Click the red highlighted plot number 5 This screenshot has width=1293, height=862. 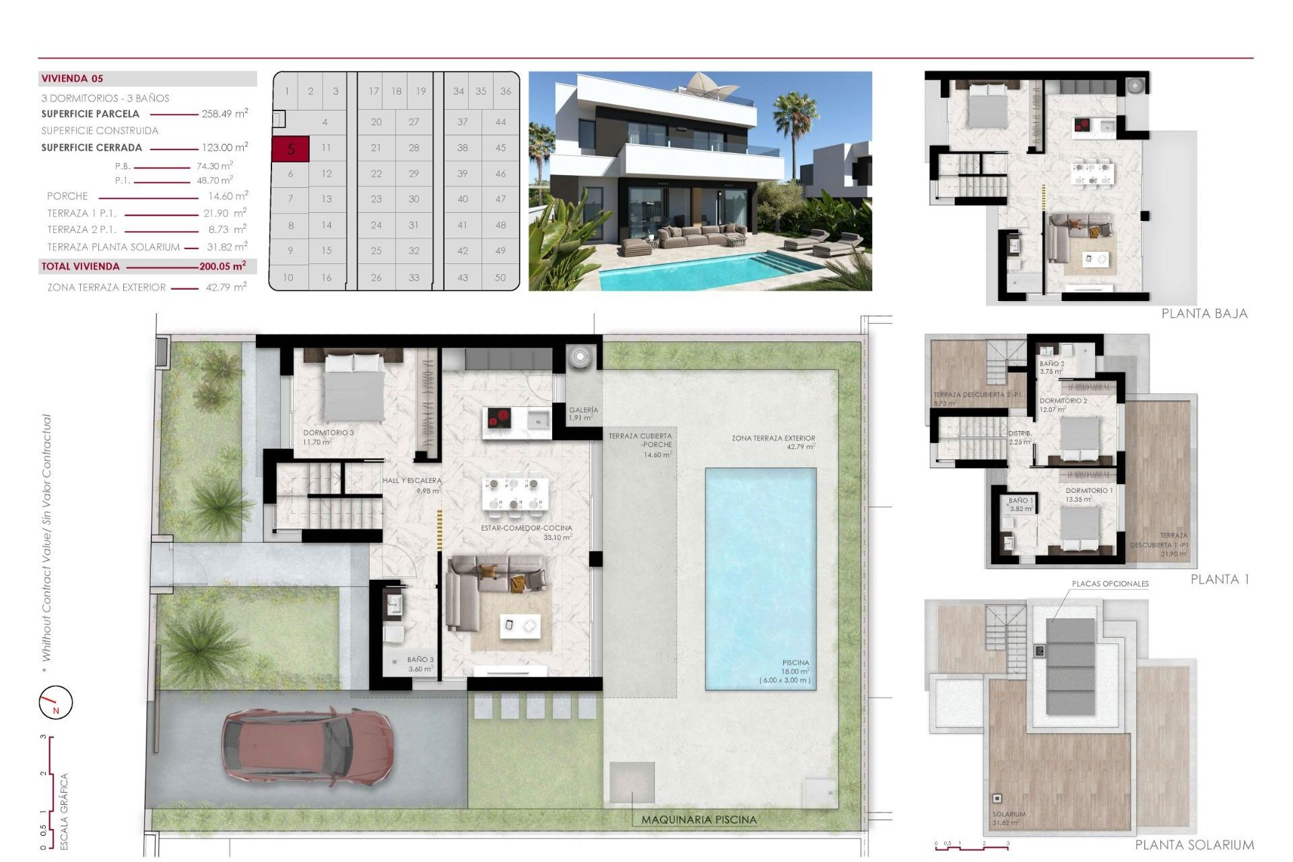coord(290,149)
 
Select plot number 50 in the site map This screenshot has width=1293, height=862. coord(500,277)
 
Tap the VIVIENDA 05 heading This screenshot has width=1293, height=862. coord(72,79)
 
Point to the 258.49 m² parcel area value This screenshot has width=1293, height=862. coord(224,114)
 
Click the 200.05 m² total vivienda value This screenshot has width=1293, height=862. coord(222,267)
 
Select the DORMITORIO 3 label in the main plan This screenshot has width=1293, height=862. coord(328,433)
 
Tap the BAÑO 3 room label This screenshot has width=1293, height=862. coord(420,660)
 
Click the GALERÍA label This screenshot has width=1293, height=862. coord(583,410)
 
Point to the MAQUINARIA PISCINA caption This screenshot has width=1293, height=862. coord(698,820)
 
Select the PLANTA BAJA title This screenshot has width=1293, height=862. coord(1204,314)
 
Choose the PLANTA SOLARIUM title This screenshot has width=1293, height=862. coord(1194,845)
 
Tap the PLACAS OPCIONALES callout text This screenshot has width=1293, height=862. coord(1110,584)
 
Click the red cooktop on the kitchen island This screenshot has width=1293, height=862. coord(500,419)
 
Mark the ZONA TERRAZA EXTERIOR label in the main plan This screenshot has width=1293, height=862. coord(773,438)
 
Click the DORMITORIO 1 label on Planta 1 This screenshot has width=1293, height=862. coord(1089,491)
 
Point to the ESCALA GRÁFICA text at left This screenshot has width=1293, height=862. coord(65,811)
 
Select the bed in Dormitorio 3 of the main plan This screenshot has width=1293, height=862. coord(354,387)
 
